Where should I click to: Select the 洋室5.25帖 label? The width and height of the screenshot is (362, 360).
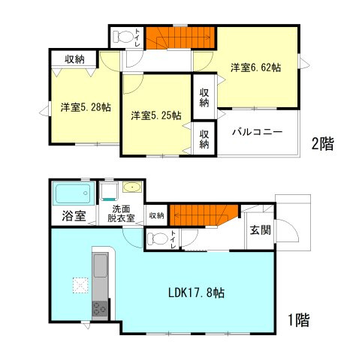(155, 115)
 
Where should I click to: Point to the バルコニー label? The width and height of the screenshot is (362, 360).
(257, 131)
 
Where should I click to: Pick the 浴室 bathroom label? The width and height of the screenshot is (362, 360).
(73, 216)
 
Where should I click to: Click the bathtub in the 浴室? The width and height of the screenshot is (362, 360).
(73, 194)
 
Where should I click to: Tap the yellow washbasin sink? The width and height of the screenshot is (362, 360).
(131, 187)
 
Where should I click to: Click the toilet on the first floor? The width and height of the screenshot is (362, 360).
(158, 239)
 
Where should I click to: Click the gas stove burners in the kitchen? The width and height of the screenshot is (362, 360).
(100, 308)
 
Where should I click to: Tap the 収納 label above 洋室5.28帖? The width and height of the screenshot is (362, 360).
(74, 59)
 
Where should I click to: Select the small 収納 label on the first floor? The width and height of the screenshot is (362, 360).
(156, 215)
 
